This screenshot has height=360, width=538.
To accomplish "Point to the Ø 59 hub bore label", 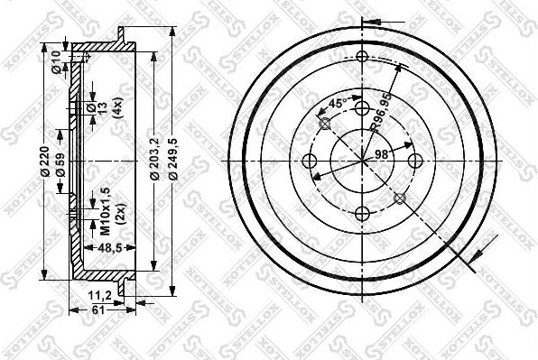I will [60, 164].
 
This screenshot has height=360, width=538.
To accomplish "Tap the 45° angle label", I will [335, 105].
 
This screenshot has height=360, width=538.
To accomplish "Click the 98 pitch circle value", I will [380, 155].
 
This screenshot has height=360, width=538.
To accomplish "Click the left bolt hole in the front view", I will [310, 162].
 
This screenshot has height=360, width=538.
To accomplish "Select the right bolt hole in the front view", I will [416, 162].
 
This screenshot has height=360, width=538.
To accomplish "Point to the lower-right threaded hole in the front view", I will [400, 198].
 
